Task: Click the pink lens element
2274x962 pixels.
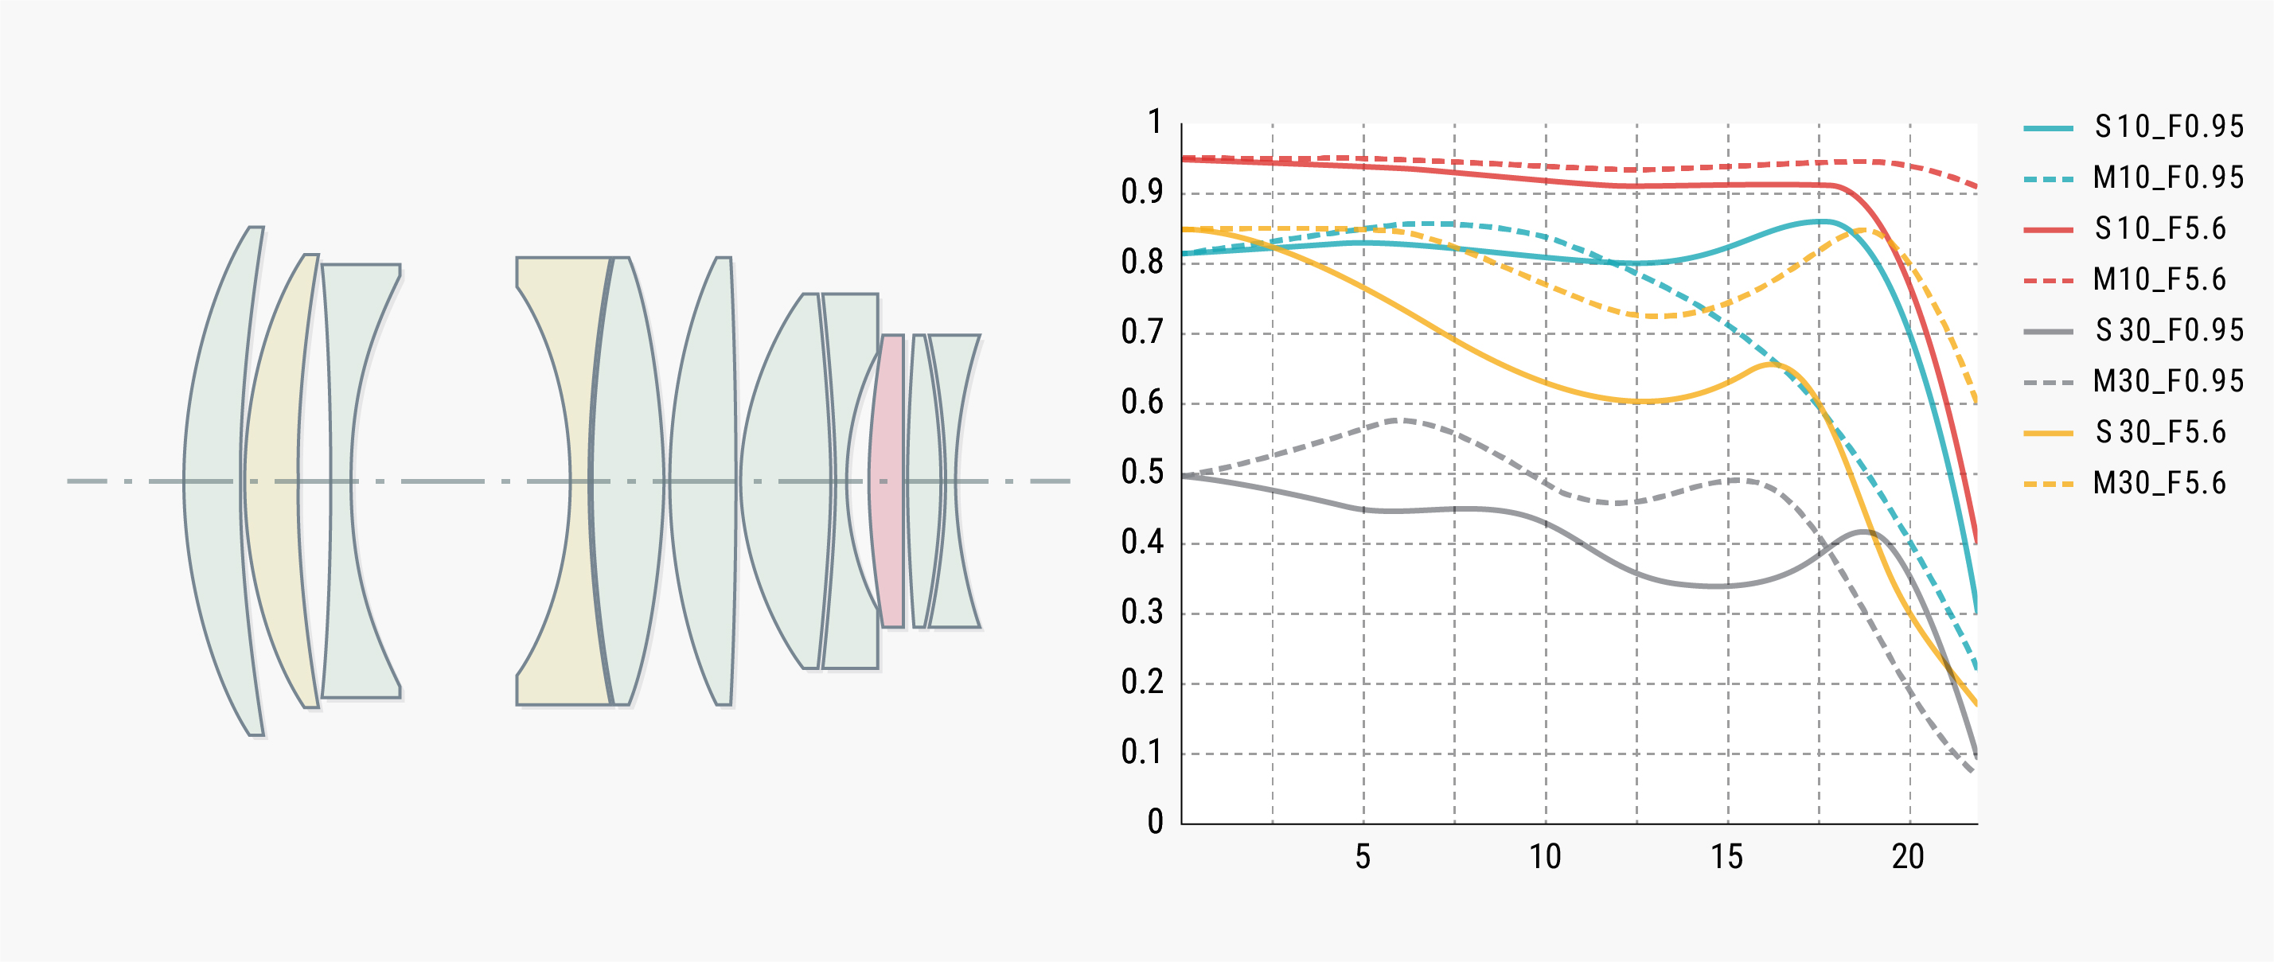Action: point(888,481)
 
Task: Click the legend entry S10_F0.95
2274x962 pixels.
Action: point(2168,127)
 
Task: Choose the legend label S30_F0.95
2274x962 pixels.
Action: point(2168,330)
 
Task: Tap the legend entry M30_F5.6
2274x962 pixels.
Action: point(2159,484)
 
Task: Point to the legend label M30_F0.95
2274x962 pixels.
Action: point(2168,381)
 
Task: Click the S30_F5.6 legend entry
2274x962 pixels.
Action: point(2160,432)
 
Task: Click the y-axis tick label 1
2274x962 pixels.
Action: point(1154,122)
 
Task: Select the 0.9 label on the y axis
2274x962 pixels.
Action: point(1142,192)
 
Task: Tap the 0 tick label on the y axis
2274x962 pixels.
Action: point(1155,822)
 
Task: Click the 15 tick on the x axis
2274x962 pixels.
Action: point(1726,857)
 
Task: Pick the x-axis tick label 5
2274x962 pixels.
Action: point(1363,857)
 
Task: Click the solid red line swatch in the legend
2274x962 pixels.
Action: point(2048,229)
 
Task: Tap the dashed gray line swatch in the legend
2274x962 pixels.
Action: point(2048,382)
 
